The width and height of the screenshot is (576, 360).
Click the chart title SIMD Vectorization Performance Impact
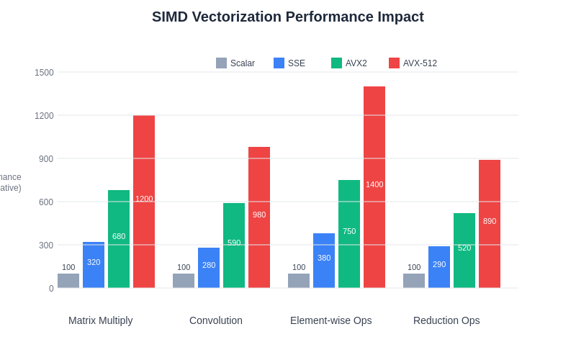pos(288,17)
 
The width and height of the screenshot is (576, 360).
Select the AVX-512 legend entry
pos(413,63)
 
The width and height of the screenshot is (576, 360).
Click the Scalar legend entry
pos(235,63)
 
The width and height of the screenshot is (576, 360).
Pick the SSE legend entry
pos(289,63)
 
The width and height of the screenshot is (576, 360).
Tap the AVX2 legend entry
pos(349,63)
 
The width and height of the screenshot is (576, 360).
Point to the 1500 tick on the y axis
pos(44,72)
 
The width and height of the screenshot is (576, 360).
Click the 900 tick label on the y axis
pos(45,158)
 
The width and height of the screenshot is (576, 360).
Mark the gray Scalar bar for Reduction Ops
pos(414,281)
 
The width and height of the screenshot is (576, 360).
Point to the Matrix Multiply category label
pos(101,320)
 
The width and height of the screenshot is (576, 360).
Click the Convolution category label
pos(216,320)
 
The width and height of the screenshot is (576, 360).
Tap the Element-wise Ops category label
pos(331,320)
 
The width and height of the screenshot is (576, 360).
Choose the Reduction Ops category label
pos(446,320)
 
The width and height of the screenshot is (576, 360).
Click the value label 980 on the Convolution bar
pos(259,215)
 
